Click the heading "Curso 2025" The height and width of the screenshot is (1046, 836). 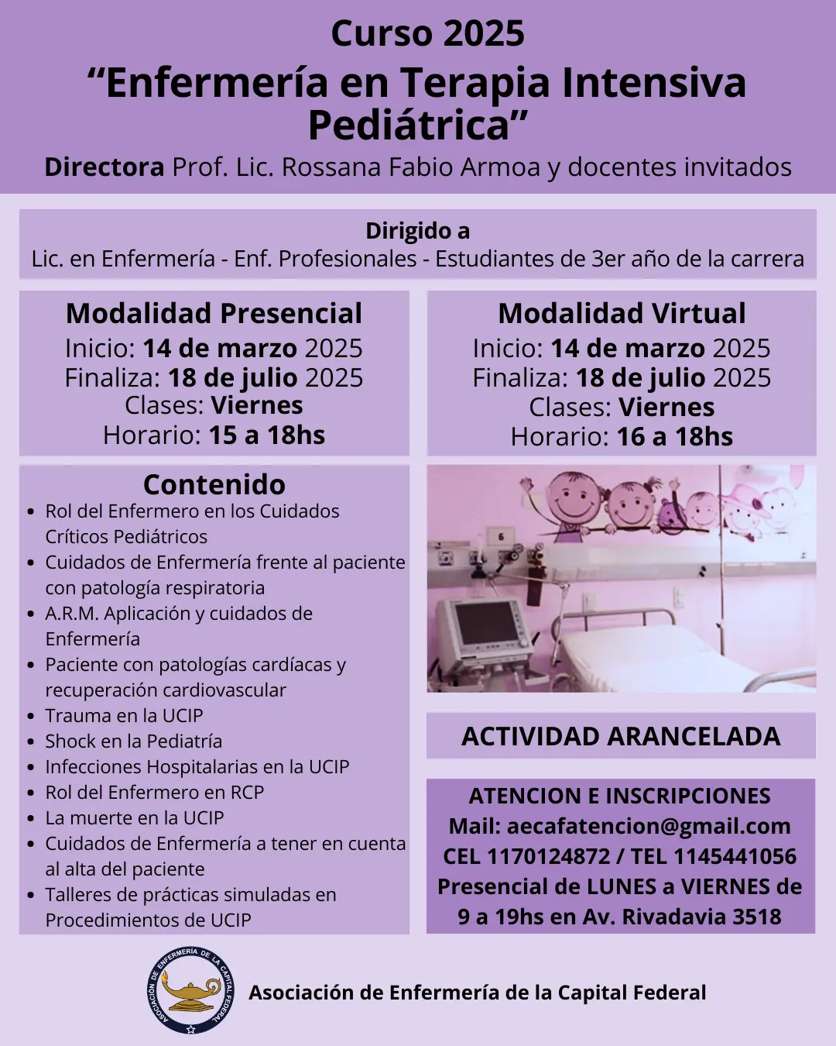pyautogui.click(x=427, y=33)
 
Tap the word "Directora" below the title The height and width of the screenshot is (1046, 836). pyautogui.click(x=104, y=167)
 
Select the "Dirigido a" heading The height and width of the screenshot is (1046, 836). pyautogui.click(x=417, y=231)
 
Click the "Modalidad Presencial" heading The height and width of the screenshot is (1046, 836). pyautogui.click(x=214, y=313)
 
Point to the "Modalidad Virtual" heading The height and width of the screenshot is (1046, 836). pyautogui.click(x=622, y=313)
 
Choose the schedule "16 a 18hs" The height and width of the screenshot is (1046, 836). pyautogui.click(x=674, y=437)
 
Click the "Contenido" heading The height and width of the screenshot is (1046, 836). pyautogui.click(x=214, y=484)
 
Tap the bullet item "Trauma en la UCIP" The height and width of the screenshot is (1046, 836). pyautogui.click(x=124, y=716)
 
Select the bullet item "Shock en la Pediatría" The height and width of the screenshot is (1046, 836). pyautogui.click(x=133, y=741)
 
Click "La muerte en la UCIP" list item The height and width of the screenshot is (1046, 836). pyautogui.click(x=135, y=818)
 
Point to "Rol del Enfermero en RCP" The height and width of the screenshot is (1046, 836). pyautogui.click(x=155, y=793)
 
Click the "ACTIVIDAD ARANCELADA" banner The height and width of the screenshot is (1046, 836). pyautogui.click(x=621, y=736)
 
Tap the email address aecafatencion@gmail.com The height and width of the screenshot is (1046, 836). pyautogui.click(x=649, y=826)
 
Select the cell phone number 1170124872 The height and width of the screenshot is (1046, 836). pyautogui.click(x=548, y=856)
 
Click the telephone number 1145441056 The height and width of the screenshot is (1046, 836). pyautogui.click(x=735, y=856)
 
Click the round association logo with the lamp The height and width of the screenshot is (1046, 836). pyautogui.click(x=190, y=990)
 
